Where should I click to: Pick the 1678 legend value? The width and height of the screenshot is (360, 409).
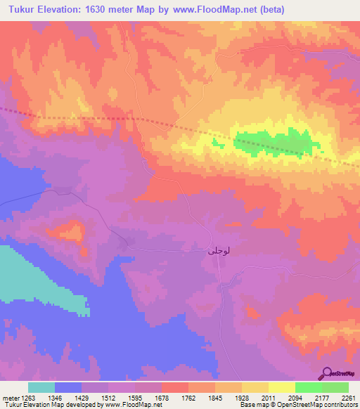pyautogui.click(x=161, y=396)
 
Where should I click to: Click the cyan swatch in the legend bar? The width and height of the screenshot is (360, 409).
pyautogui.click(x=41, y=387)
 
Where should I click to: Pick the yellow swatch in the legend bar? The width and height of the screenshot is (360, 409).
pyautogui.click(x=281, y=387)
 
